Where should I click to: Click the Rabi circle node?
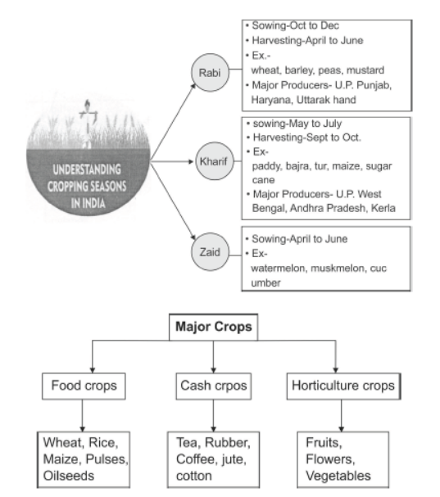click(x=210, y=73)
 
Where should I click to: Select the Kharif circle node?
click(x=215, y=161)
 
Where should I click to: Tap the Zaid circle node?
click(x=210, y=252)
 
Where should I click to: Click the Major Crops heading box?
click(x=214, y=327)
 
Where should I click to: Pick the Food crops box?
click(x=84, y=386)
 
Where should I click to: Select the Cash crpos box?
click(x=214, y=386)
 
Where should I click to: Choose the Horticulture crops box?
click(x=343, y=386)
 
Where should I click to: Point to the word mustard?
click(x=365, y=70)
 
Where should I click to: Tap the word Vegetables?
click(x=338, y=476)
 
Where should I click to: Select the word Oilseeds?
click(x=69, y=476)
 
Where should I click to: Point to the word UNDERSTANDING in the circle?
click(x=87, y=169)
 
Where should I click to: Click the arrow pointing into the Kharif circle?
click(x=172, y=161)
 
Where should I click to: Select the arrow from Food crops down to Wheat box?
click(x=83, y=416)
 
